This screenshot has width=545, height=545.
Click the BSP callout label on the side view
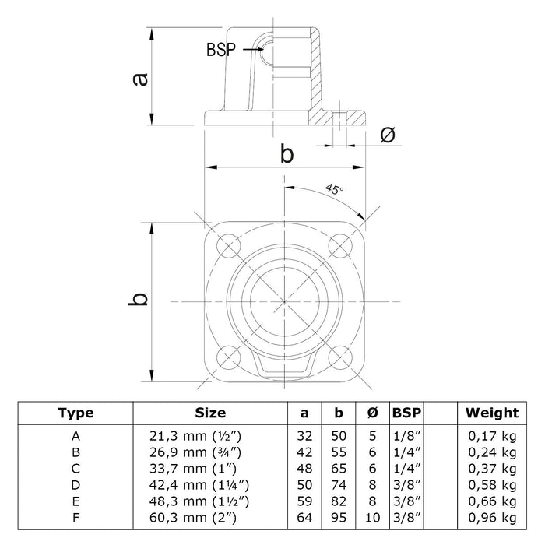[222, 49]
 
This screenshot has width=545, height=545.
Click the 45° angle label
[335, 189]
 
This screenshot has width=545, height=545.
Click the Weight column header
[491, 413]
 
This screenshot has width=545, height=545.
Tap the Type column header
[76, 413]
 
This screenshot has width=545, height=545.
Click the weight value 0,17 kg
[491, 435]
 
